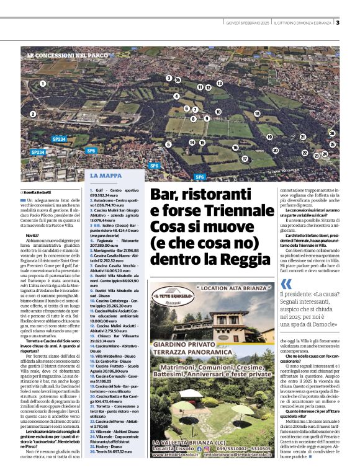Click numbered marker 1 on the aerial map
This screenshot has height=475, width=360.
pos(42,83)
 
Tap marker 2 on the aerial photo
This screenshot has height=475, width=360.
pos(32,114)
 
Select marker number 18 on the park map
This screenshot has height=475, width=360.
pos(256,113)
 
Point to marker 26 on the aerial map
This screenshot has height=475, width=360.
pos(332,133)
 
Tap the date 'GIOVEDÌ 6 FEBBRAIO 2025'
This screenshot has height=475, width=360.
pos(248,24)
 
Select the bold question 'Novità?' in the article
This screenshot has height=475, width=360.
pos(33,237)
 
